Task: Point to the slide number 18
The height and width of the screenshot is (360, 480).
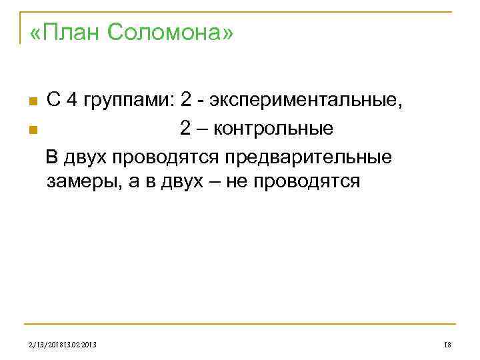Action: point(447,344)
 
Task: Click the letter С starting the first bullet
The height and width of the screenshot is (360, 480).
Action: point(53,101)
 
